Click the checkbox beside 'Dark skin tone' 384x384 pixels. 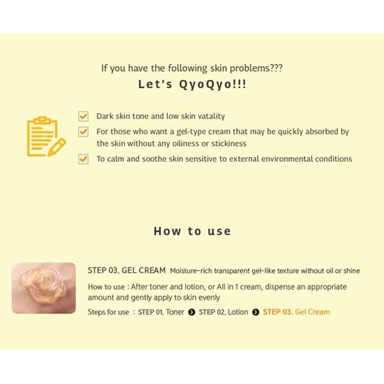[x=83, y=116]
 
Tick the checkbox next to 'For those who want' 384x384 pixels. [x=83, y=132]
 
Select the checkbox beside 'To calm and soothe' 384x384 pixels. [x=83, y=159]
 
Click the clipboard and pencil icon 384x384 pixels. [x=46, y=137]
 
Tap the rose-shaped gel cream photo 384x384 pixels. [x=44, y=288]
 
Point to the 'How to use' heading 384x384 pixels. [x=192, y=231]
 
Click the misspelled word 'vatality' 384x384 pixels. [x=211, y=116]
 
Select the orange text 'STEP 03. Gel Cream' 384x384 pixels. [x=297, y=312]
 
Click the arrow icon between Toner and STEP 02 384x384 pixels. [x=192, y=312]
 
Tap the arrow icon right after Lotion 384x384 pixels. [x=256, y=312]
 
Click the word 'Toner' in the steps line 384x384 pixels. [x=175, y=312]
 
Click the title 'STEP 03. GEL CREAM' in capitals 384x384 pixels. [x=127, y=271]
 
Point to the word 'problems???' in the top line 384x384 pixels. [x=256, y=68]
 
